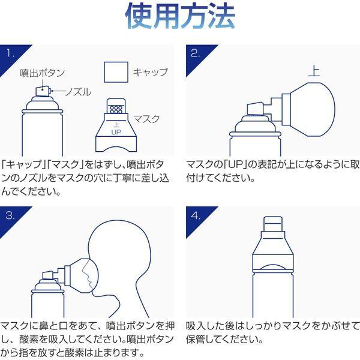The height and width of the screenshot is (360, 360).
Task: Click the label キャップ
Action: tap(150, 72)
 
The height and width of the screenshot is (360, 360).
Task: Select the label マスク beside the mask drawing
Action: tap(146, 119)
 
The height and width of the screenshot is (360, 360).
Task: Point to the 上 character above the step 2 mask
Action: tap(313, 71)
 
